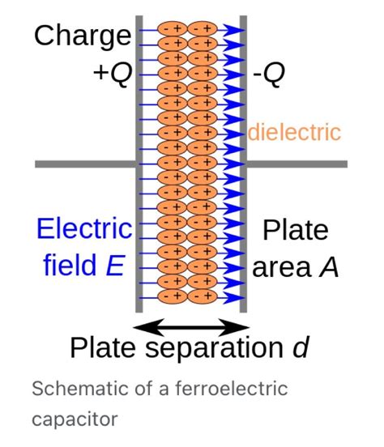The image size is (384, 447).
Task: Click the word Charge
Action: coord(82,36)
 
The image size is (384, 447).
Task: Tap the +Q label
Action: coord(111,74)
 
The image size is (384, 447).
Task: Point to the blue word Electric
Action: coord(83,228)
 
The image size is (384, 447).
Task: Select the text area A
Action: coord(296,266)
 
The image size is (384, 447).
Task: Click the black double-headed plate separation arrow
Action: coord(192,326)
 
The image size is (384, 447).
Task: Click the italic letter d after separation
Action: coord(299,350)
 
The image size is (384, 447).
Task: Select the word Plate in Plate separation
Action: coord(101,350)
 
